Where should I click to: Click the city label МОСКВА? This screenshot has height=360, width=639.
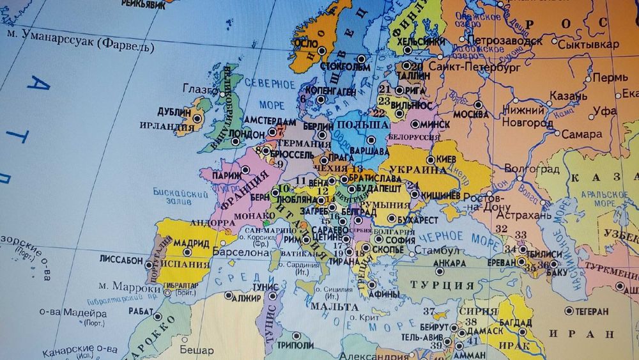pyautogui.click(x=471, y=114)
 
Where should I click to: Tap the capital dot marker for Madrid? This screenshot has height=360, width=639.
pyautogui.click(x=215, y=244)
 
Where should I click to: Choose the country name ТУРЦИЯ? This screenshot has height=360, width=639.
pyautogui.click(x=443, y=285)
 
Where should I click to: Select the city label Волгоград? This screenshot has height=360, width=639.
pyautogui.click(x=532, y=169)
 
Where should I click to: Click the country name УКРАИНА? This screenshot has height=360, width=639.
pyautogui.click(x=417, y=170)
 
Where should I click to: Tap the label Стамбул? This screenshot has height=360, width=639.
pyautogui.click(x=436, y=249)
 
